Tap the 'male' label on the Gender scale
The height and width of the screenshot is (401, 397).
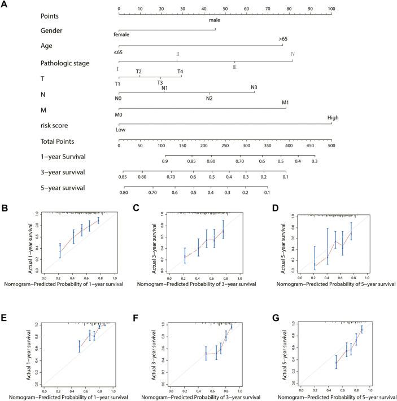pyautogui.click(x=214, y=20)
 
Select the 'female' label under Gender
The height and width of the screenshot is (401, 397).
pyautogui.click(x=121, y=34)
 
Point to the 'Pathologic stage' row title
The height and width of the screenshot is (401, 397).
pyautogui.click(x=64, y=63)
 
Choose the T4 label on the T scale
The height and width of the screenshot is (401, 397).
pyautogui.click(x=180, y=72)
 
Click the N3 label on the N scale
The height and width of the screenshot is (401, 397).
pyautogui.click(x=254, y=87)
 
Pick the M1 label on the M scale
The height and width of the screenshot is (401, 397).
pyautogui.click(x=286, y=103)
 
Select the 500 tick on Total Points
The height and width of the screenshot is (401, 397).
pyautogui.click(x=331, y=146)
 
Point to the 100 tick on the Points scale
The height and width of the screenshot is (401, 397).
pyautogui.click(x=331, y=9)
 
